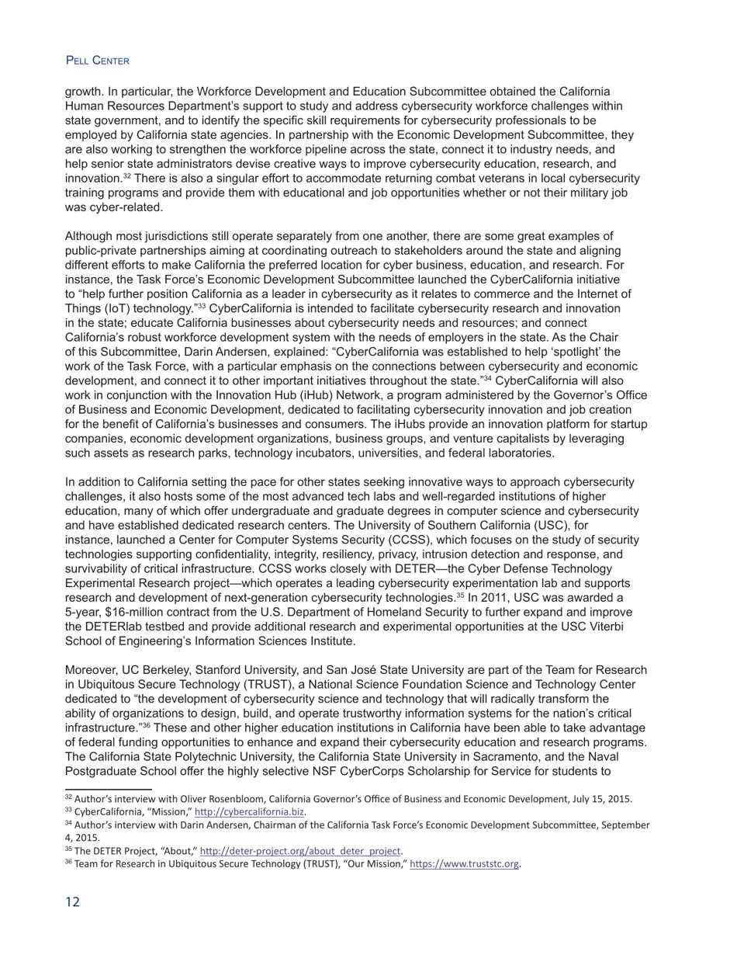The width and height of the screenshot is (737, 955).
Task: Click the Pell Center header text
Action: tap(97, 61)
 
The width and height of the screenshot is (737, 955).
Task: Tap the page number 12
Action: tap(72, 901)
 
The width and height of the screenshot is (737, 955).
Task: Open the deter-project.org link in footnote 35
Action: tap(301, 851)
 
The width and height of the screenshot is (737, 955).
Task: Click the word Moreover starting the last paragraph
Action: tap(91, 670)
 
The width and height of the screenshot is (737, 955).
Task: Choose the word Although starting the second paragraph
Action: tap(89, 236)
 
